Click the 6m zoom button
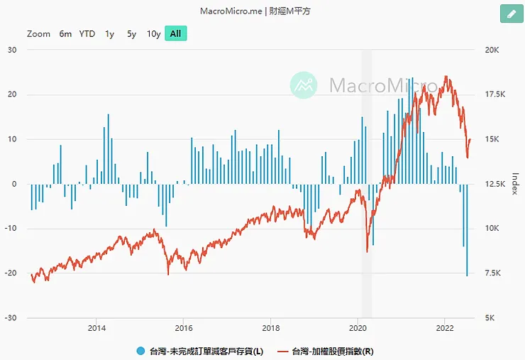[x=65, y=34]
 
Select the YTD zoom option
[x=87, y=34]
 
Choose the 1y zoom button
[x=109, y=34]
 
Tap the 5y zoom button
[x=131, y=34]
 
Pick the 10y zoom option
[x=153, y=34]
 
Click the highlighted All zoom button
[x=175, y=34]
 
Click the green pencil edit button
[x=511, y=14]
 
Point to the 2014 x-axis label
[x=96, y=328]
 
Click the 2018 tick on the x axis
[x=270, y=328]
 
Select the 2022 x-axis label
[x=444, y=328]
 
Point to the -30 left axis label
[x=11, y=318]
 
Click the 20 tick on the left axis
[x=12, y=94]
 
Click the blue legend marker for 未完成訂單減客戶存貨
[x=140, y=351]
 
